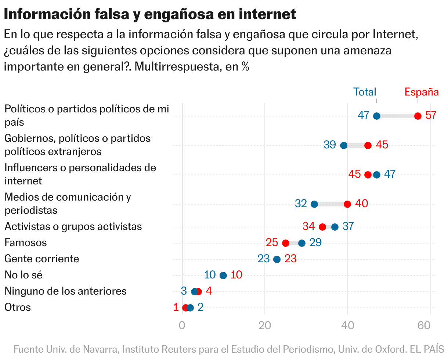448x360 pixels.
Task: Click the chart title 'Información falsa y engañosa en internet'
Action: point(150,14)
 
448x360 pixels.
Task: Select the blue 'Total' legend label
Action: point(365,92)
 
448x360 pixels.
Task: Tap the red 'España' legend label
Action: point(422,92)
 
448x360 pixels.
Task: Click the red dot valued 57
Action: point(418,116)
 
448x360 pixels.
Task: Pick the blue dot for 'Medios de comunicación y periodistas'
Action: point(314,204)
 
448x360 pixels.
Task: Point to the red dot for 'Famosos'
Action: point(286,243)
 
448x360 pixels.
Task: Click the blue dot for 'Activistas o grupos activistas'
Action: point(335,227)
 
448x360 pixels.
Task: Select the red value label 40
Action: point(362,204)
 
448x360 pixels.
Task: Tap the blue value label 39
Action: point(330,145)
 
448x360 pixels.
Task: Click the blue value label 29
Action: point(315,242)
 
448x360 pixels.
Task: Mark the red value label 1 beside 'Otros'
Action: point(176,307)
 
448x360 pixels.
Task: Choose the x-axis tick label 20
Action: point(265,325)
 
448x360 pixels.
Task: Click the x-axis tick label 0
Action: point(182,325)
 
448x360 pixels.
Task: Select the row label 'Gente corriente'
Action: point(41,259)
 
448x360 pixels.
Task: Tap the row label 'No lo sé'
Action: point(24,275)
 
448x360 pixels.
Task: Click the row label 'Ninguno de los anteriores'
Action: point(65,291)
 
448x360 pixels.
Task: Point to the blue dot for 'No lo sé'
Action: point(223,276)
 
